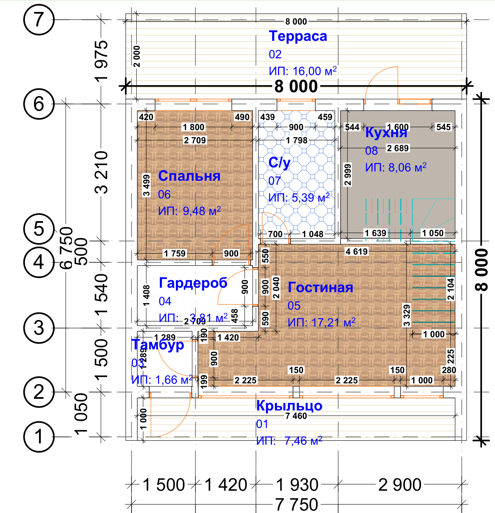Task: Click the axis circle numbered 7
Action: (x=39, y=20)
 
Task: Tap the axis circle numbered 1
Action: (x=39, y=437)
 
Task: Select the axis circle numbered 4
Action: (x=39, y=262)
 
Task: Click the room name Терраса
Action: (x=298, y=36)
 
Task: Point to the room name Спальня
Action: (x=189, y=176)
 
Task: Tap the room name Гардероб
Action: (x=193, y=283)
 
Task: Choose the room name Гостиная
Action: (x=320, y=287)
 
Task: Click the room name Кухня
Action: (x=386, y=132)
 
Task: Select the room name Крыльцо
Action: (x=289, y=406)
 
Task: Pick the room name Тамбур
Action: (x=158, y=345)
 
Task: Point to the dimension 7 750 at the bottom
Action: (x=296, y=504)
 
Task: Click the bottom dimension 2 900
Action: (x=399, y=485)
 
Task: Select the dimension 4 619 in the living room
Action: (x=356, y=252)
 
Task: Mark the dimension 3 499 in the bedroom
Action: (x=147, y=186)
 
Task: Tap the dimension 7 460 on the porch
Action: (x=296, y=416)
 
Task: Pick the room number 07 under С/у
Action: (x=275, y=181)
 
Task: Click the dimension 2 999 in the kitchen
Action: (x=348, y=175)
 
